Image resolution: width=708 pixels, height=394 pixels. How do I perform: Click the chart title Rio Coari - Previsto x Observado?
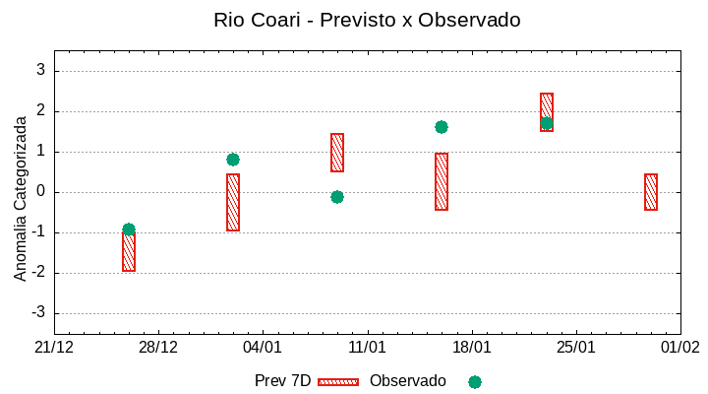(367, 20)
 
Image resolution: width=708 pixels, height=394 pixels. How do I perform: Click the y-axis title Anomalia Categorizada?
(21, 198)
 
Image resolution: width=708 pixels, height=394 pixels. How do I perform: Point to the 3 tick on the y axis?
(41, 70)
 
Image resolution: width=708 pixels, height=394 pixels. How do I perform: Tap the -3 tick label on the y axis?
(38, 313)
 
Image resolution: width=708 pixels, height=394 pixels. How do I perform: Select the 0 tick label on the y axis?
(41, 192)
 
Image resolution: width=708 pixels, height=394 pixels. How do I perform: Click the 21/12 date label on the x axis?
(54, 348)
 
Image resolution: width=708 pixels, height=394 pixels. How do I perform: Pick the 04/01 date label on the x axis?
(263, 348)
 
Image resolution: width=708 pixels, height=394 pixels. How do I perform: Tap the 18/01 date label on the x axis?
(472, 348)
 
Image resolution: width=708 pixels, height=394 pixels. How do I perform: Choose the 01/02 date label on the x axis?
(680, 348)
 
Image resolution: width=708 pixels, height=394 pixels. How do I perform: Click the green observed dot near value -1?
(129, 230)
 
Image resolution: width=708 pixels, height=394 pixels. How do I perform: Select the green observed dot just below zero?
(337, 197)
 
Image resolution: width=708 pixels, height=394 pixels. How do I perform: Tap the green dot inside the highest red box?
(547, 123)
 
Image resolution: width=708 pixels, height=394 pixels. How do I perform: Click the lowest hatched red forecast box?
(129, 252)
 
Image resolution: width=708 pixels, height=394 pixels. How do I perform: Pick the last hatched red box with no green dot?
(651, 192)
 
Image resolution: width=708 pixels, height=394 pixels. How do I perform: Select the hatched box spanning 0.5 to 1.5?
(337, 153)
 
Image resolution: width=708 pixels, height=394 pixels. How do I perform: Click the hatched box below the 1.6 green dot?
(442, 182)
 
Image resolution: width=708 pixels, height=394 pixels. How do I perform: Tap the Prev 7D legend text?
(282, 381)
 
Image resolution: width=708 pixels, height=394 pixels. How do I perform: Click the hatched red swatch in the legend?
(338, 381)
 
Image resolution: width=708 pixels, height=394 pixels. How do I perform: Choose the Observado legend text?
(407, 381)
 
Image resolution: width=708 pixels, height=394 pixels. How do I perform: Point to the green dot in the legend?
(475, 381)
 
